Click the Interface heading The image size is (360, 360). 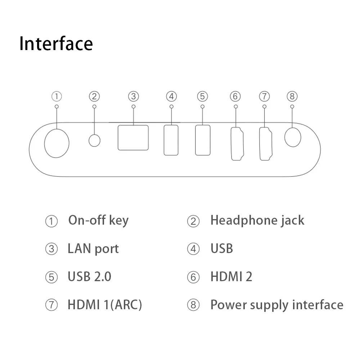coord(56,44)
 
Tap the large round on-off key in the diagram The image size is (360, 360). coord(57,143)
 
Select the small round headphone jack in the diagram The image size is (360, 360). coord(94,140)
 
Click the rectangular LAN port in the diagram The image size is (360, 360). coord(133,138)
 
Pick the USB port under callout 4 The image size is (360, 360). coord(171,140)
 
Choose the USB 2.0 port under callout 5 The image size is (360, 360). coord(203,140)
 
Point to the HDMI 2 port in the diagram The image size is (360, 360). coord(237,144)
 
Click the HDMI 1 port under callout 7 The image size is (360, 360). coord(266,144)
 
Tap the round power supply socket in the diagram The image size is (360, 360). coord(292,137)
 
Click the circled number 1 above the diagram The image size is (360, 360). coord(57,96)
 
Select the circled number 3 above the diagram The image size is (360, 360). coord(134,96)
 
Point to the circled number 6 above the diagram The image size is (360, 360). coord(235,96)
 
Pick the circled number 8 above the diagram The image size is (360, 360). coord(292,96)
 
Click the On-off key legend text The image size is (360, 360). coord(98,220)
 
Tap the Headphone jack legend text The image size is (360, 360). coord(257,220)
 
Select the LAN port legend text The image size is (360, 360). coord(93,248)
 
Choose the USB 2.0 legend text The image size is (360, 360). coord(89,276)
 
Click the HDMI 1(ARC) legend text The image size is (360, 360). coord(105,305)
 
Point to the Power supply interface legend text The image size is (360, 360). coord(276,305)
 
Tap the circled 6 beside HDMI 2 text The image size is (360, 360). coord(193,277)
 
